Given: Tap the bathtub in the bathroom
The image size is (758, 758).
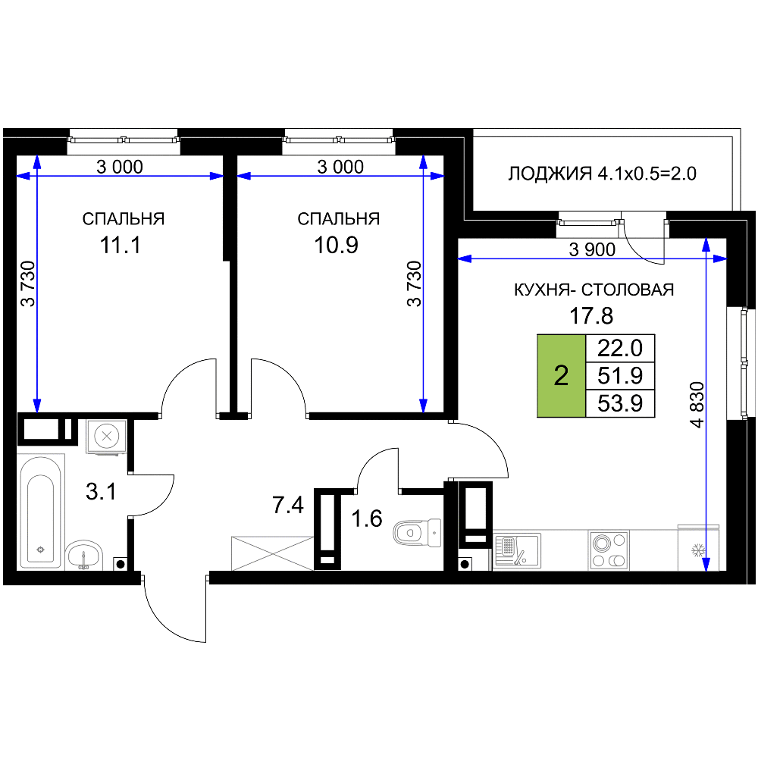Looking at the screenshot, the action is click(x=41, y=512).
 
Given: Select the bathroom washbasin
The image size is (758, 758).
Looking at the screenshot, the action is click(x=84, y=555).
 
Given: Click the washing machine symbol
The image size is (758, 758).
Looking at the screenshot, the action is click(x=107, y=437).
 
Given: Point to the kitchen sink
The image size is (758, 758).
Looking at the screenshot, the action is click(x=517, y=550).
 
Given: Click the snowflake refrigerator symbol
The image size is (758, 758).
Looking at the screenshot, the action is click(x=698, y=550).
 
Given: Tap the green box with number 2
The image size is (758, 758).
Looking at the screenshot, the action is click(x=561, y=376).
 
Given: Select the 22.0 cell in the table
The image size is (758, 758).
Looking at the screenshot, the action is click(x=620, y=348).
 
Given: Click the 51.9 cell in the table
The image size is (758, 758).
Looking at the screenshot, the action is click(x=620, y=376).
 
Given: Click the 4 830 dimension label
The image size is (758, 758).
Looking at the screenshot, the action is click(x=697, y=405).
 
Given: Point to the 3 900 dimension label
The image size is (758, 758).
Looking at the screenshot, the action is click(x=592, y=249).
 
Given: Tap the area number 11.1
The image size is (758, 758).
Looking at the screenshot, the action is click(x=121, y=245).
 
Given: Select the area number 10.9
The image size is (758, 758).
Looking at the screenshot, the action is click(x=336, y=245).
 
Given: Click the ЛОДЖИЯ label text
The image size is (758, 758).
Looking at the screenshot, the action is click(x=550, y=174).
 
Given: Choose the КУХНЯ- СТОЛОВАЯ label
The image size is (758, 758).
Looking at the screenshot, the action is click(x=594, y=290).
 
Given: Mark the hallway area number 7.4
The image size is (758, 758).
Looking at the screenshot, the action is click(x=288, y=506).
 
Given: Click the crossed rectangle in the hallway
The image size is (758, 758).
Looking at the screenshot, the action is click(x=273, y=553).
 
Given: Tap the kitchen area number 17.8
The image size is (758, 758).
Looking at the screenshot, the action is click(x=591, y=316).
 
